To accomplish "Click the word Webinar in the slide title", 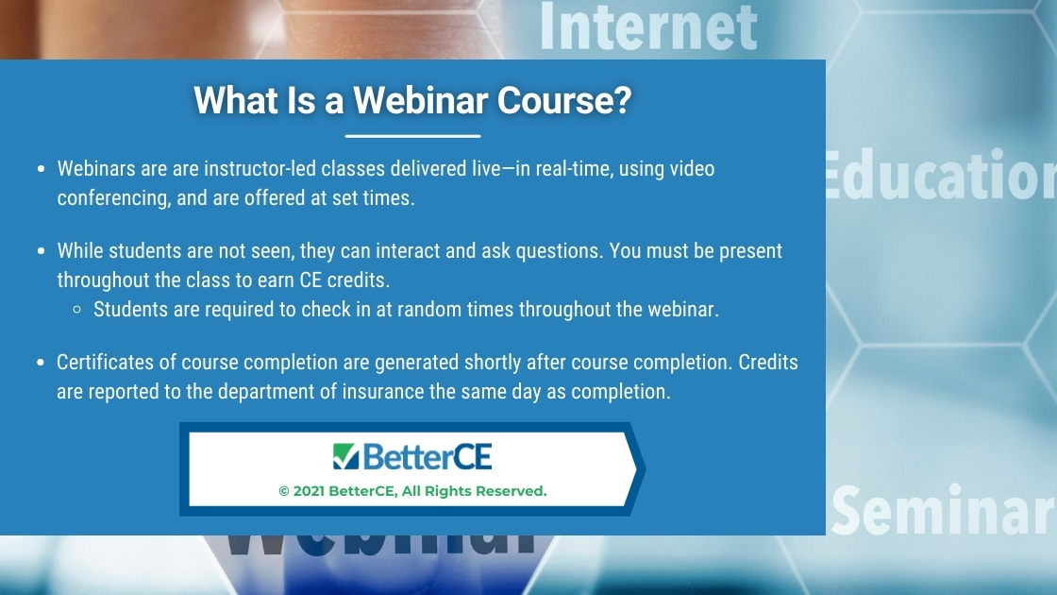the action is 420,100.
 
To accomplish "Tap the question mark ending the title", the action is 623,100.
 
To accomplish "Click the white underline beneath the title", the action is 412,136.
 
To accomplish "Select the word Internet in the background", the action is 648,27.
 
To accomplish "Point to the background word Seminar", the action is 943,510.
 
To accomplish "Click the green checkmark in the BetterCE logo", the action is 345,456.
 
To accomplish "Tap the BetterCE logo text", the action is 428,457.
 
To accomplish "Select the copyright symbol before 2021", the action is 284,491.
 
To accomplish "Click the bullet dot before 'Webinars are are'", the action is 42,169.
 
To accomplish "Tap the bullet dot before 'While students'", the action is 42,251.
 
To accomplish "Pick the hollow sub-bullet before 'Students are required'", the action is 76,310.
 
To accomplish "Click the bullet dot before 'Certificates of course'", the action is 42,363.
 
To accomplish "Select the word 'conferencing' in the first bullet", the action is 114,197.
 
